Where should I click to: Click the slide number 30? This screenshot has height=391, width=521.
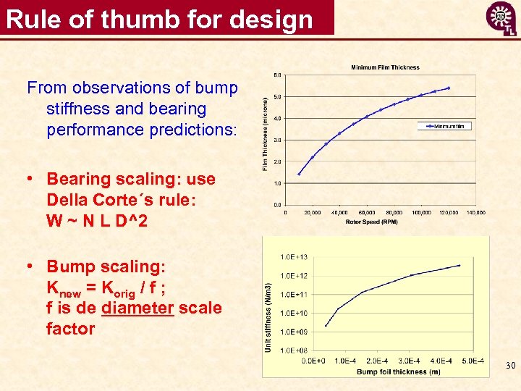click(510, 366)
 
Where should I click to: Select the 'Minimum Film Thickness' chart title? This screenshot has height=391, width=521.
click(385, 67)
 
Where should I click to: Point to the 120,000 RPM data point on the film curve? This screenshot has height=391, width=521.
click(449, 88)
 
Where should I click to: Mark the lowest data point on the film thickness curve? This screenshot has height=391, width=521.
click(299, 174)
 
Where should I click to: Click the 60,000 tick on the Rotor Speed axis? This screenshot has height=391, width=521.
click(367, 213)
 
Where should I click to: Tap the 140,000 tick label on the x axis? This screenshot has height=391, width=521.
click(475, 213)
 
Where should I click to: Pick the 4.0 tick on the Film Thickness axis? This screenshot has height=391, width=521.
click(277, 118)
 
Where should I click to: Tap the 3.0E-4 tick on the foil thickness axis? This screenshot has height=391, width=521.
click(410, 360)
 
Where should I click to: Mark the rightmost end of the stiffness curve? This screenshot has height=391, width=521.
click(460, 266)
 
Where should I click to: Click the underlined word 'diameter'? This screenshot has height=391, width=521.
click(138, 308)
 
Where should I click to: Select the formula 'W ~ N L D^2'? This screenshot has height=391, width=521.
click(97, 221)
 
